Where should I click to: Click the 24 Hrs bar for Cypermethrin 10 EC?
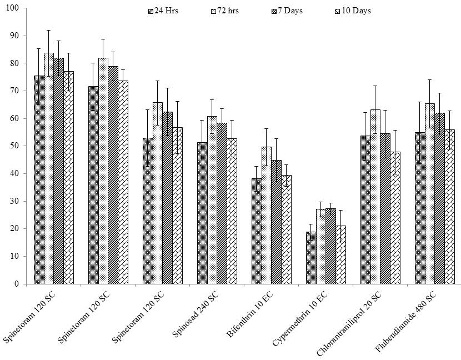pyautogui.click(x=311, y=258)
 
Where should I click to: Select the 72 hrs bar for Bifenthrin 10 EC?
pyautogui.click(x=267, y=216)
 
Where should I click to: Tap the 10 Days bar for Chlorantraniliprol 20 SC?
pyautogui.click(x=395, y=218)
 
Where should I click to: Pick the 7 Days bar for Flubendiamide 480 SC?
pyautogui.click(x=439, y=198)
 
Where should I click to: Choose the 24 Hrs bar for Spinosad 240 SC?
pyautogui.click(x=202, y=213)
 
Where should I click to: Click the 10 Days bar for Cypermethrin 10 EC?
pyautogui.click(x=341, y=255)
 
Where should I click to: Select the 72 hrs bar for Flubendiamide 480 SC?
pyautogui.click(x=430, y=194)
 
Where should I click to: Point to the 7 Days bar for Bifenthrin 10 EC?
pyautogui.click(x=277, y=222)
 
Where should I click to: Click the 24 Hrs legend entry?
pyautogui.click(x=163, y=11)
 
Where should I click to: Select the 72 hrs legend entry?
pyautogui.click(x=225, y=11)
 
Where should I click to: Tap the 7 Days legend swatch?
pyautogui.click(x=273, y=12)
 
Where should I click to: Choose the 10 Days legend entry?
pyautogui.click(x=353, y=11)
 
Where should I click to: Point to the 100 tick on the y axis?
pyautogui.click(x=25, y=8)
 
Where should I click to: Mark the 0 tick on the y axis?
pyautogui.click(x=25, y=284)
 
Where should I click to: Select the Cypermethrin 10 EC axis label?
pyautogui.click(x=300, y=319)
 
